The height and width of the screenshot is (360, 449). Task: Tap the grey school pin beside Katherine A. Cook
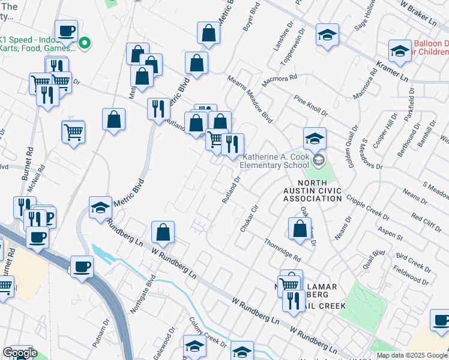click(x=318, y=160)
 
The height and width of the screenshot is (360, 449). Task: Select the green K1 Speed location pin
click(x=85, y=43)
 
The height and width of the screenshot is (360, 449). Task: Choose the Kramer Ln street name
click(x=392, y=71)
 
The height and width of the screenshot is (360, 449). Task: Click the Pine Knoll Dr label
click(x=310, y=104)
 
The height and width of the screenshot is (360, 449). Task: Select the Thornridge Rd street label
click(x=282, y=248)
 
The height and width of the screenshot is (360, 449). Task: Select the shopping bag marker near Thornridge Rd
click(x=299, y=228)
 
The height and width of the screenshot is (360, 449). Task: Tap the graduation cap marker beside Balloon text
click(x=399, y=50)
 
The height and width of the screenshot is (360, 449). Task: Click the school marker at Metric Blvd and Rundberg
click(x=101, y=207)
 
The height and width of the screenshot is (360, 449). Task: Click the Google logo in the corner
click(x=19, y=353)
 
